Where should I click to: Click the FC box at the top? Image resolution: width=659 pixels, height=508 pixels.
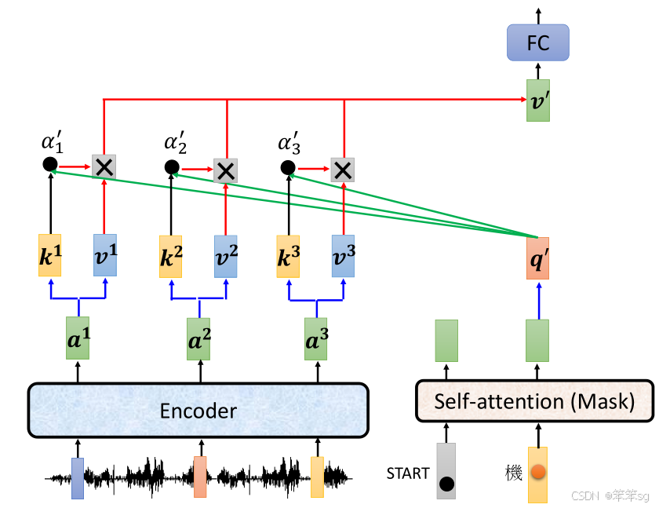(x=537, y=42)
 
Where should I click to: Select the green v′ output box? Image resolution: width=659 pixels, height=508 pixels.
(x=537, y=101)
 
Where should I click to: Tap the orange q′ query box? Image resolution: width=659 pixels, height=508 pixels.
(x=537, y=258)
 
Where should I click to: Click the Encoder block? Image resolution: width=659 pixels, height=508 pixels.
(x=198, y=410)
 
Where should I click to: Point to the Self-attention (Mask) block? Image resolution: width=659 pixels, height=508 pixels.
(x=533, y=402)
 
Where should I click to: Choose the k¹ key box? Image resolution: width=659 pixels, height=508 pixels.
(x=49, y=254)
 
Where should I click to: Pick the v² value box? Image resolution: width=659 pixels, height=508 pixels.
(x=225, y=256)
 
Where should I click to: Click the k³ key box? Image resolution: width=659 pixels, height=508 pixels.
(x=288, y=256)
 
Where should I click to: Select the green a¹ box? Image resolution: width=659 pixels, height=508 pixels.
(x=78, y=338)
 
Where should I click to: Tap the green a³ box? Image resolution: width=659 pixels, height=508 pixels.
(x=316, y=338)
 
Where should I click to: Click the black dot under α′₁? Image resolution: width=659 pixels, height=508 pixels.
(x=49, y=164)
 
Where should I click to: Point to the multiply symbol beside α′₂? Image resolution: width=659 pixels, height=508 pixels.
(x=225, y=170)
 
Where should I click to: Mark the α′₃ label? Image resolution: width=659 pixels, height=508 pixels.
(x=289, y=144)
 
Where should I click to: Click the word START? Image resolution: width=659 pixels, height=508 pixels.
(x=408, y=473)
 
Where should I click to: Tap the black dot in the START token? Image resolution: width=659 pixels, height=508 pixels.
(x=446, y=484)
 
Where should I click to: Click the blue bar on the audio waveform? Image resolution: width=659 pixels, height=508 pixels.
(x=77, y=478)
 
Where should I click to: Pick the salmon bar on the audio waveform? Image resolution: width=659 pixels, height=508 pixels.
(x=200, y=477)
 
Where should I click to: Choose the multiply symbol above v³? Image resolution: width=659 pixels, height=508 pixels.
(x=342, y=169)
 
